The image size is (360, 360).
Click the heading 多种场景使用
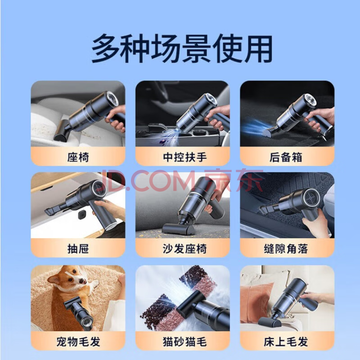(182, 48)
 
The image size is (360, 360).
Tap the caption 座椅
(78, 157)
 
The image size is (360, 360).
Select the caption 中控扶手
(185, 157)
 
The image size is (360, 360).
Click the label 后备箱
(286, 157)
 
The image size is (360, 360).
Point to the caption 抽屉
(78, 249)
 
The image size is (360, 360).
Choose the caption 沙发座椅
(185, 249)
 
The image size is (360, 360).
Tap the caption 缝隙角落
(286, 249)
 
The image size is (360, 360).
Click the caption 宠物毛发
(78, 342)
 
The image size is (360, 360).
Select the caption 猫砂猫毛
(185, 342)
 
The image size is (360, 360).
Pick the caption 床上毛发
(286, 342)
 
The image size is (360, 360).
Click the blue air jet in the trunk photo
(255, 127)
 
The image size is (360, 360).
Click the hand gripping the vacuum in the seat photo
(117, 120)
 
